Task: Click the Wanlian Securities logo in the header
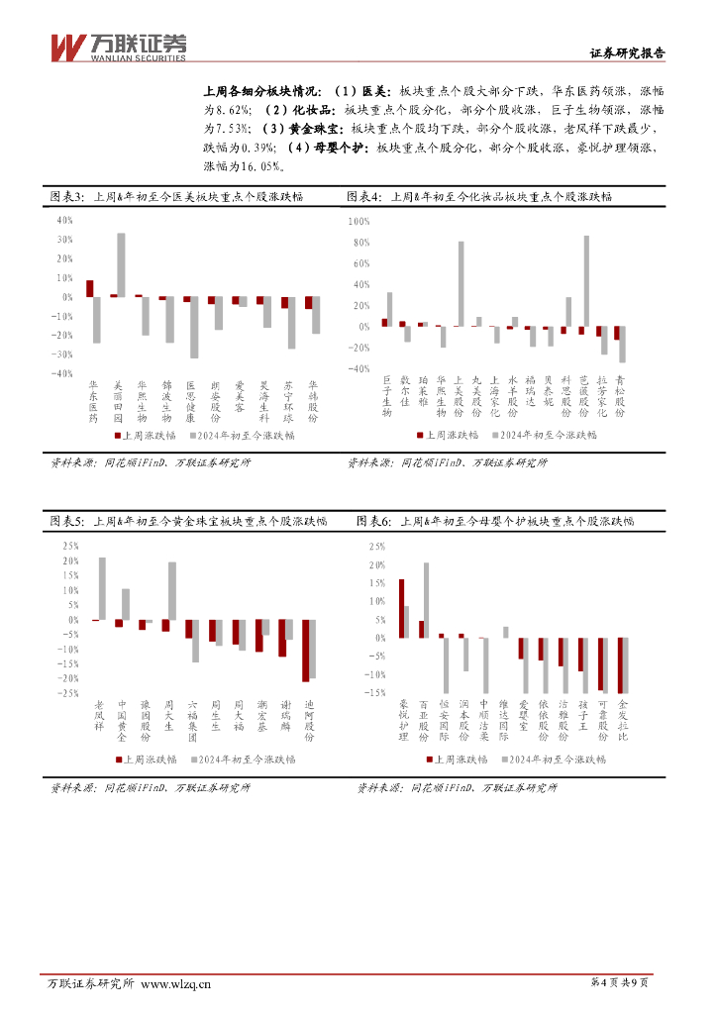click(x=118, y=47)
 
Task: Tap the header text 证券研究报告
click(x=627, y=54)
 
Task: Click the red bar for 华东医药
click(x=89, y=288)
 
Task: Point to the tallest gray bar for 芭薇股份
click(x=586, y=280)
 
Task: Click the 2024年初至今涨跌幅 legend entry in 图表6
click(x=552, y=760)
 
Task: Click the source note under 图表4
click(x=447, y=462)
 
